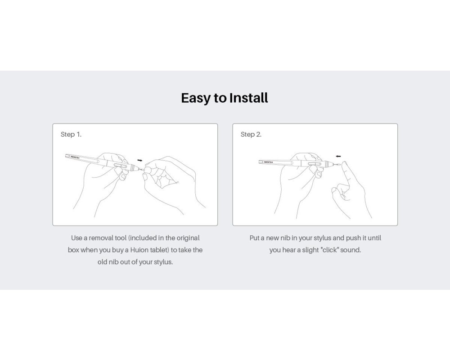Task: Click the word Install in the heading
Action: pos(248,98)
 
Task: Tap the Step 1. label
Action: pos(71,135)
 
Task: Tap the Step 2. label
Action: pos(251,135)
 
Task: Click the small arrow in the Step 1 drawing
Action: pos(140,160)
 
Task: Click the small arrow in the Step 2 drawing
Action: pos(338,157)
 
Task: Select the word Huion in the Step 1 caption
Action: pos(139,250)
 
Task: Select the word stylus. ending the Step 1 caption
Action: pos(163,262)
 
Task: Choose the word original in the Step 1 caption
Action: pos(188,238)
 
